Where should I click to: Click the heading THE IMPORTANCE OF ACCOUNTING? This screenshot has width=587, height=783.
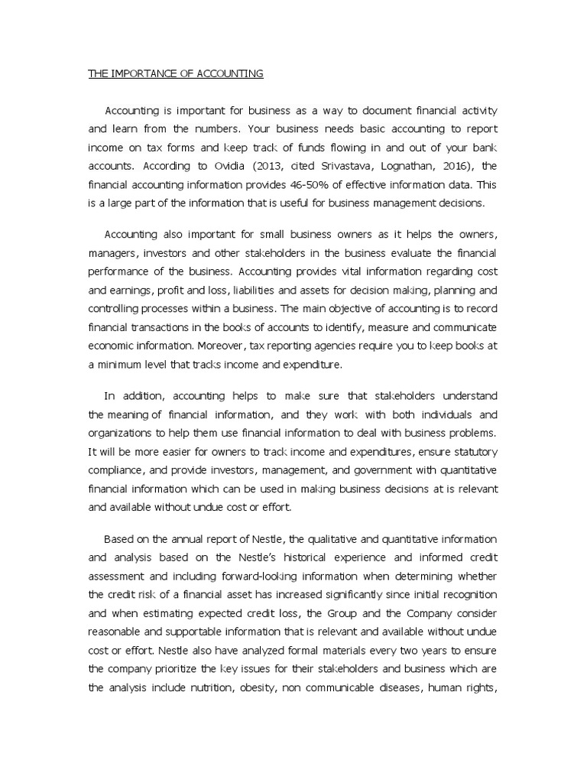(176, 73)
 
